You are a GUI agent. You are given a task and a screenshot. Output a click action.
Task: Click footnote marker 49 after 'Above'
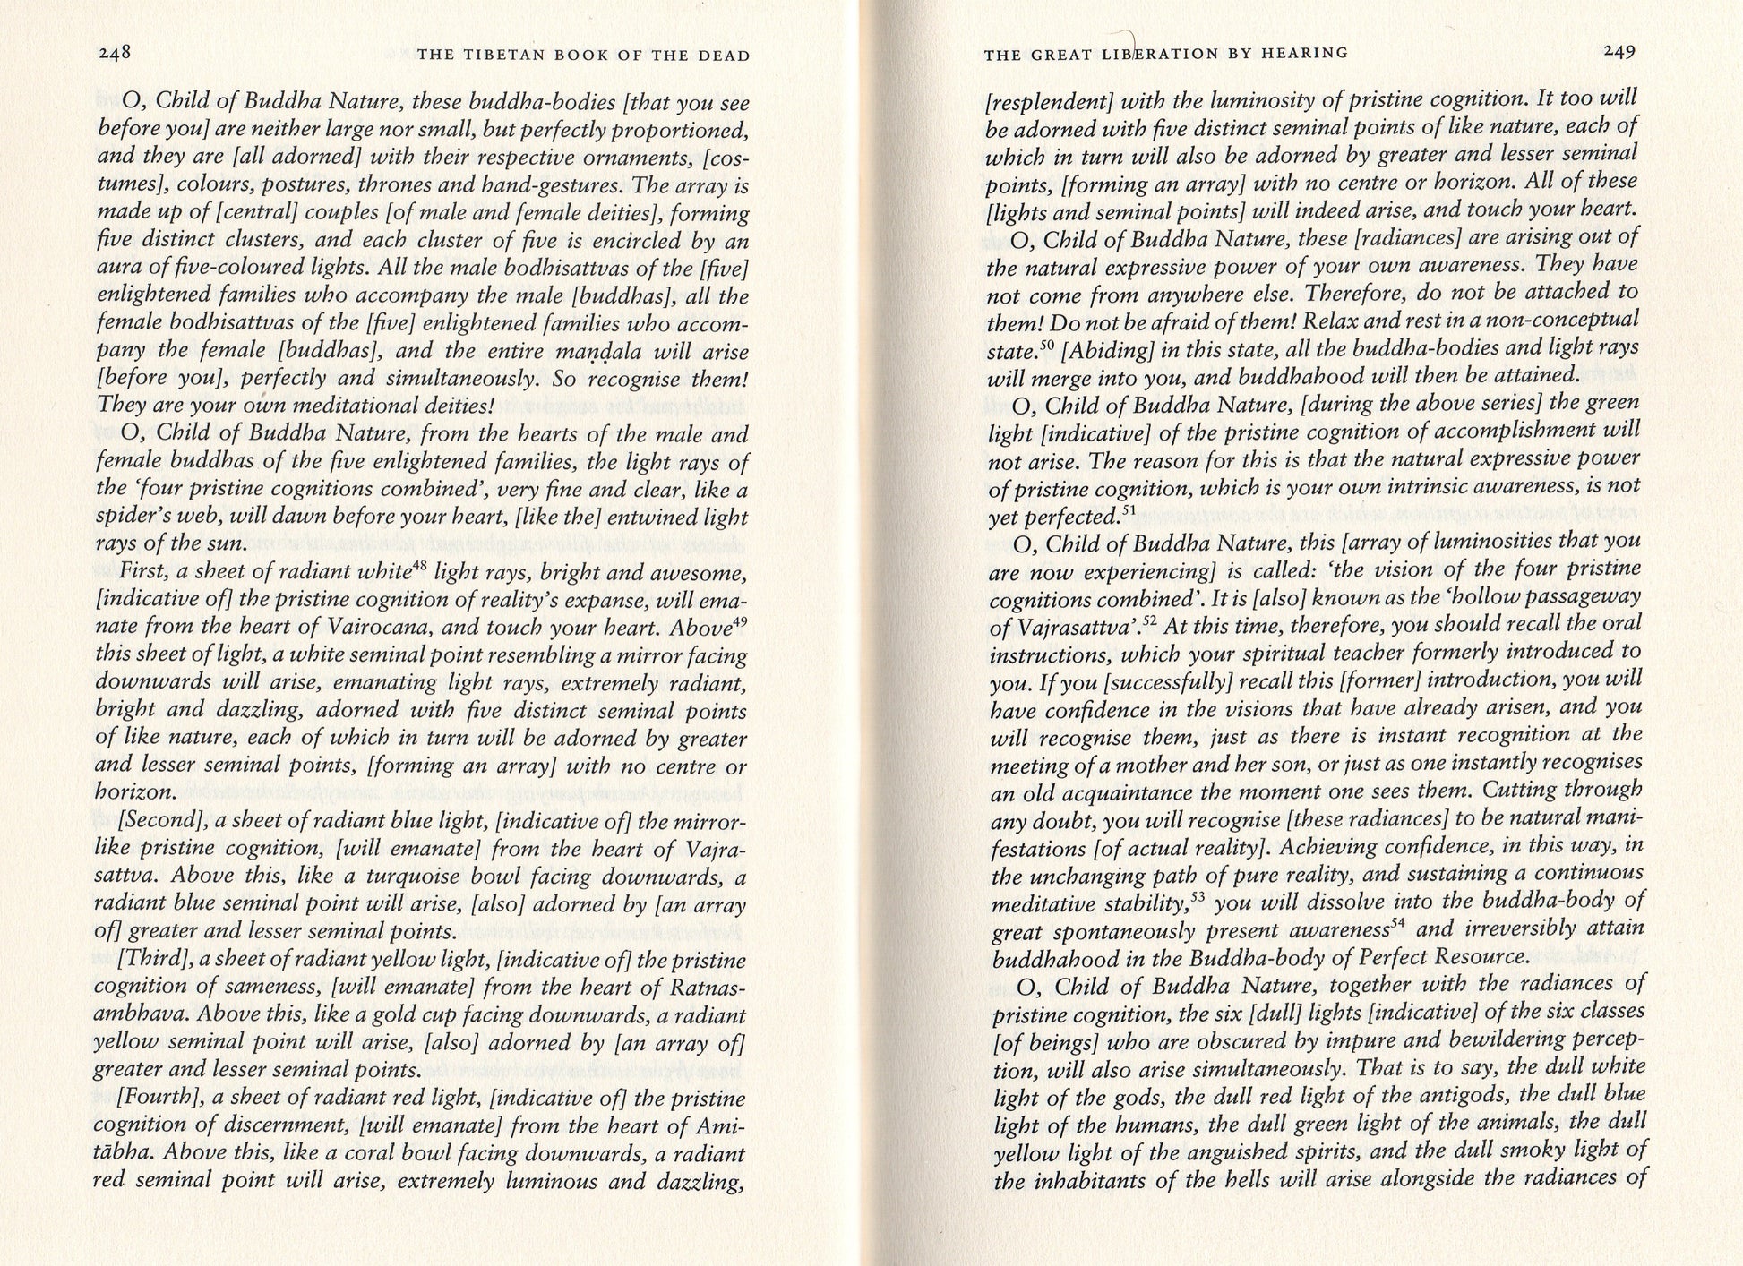point(740,621)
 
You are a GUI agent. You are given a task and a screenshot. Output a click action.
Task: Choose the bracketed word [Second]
point(156,821)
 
